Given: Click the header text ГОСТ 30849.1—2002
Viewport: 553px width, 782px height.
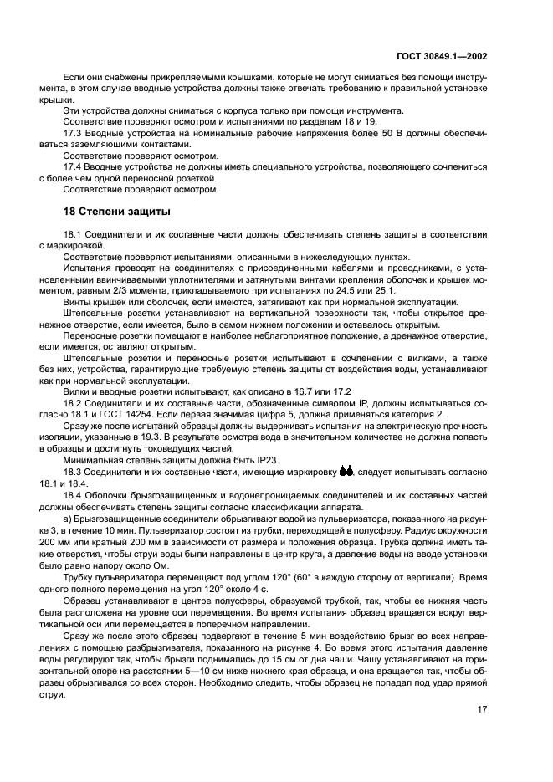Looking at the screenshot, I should click(443, 56).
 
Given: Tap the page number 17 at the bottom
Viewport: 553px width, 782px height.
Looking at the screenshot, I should click(482, 708).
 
